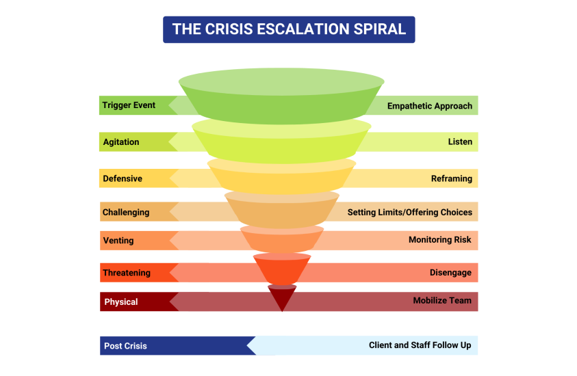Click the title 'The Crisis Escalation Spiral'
click(x=289, y=29)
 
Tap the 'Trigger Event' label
click(x=129, y=105)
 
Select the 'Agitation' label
click(x=121, y=142)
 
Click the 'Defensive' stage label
click(x=123, y=178)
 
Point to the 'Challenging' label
click(x=126, y=212)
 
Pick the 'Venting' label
click(x=118, y=241)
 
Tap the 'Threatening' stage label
click(x=127, y=273)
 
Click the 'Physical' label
click(x=121, y=301)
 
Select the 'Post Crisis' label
click(x=125, y=346)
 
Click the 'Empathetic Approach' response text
click(x=430, y=106)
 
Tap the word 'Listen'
click(x=460, y=142)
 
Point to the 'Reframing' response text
click(x=452, y=178)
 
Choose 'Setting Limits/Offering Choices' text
click(x=410, y=212)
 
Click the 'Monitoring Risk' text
click(x=440, y=240)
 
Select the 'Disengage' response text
click(x=450, y=273)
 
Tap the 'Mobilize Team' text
click(x=442, y=300)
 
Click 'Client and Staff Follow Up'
click(x=420, y=345)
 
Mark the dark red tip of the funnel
click(x=281, y=298)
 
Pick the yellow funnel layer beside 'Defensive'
click(x=281, y=176)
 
